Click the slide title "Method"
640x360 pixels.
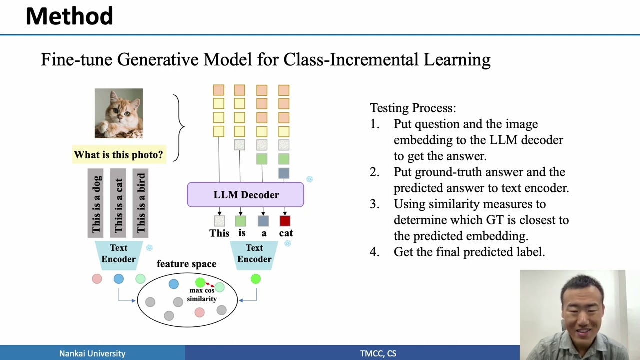[x=69, y=16]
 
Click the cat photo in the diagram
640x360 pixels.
[x=119, y=113]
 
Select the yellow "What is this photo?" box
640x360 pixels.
[x=118, y=155]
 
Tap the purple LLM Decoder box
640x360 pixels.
[x=245, y=195]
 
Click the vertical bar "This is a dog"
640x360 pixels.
[x=95, y=203]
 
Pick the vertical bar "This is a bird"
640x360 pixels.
[x=140, y=203]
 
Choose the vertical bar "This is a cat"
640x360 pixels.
[x=118, y=203]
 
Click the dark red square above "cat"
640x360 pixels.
[x=285, y=221]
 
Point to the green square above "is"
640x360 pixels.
[x=240, y=221]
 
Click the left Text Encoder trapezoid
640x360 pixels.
[x=118, y=254]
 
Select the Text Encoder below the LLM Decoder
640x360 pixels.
[x=254, y=254]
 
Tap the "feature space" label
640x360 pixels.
[x=186, y=264]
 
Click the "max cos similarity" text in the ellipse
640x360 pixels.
[x=202, y=295]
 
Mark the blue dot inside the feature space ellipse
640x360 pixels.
[x=173, y=284]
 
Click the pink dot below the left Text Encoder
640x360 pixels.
[x=97, y=279]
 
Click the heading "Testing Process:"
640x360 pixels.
[x=413, y=108]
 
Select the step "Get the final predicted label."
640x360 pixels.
[x=469, y=252]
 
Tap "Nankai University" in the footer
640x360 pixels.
[x=92, y=353]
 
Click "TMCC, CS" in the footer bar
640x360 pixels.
[x=378, y=353]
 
